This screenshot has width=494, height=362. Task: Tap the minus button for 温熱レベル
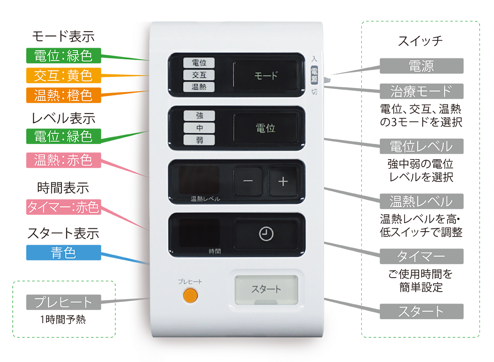(248, 181)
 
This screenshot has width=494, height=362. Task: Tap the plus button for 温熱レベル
(283, 181)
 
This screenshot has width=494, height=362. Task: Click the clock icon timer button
(266, 234)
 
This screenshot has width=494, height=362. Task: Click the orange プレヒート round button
(190, 295)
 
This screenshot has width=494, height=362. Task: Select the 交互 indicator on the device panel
(199, 75)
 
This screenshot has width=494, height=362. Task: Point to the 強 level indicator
(199, 116)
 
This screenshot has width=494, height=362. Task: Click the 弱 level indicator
(199, 140)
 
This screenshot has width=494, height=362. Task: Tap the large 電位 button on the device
(266, 128)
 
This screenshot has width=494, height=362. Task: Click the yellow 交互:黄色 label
(63, 75)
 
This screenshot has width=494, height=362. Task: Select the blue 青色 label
(63, 253)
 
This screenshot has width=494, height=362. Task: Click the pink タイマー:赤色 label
(63, 207)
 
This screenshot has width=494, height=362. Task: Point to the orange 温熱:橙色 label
(63, 95)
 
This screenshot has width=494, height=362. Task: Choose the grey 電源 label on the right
(421, 66)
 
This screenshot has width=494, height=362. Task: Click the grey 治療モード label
(421, 91)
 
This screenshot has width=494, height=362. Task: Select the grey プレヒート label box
(63, 302)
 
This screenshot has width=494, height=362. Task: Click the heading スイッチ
(420, 41)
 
